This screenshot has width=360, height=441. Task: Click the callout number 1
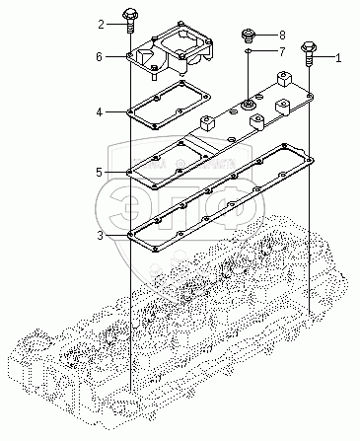[338, 58]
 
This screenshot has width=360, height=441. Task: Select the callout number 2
[102, 25]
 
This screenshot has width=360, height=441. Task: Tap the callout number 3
[100, 236]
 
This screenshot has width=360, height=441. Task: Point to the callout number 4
[100, 112]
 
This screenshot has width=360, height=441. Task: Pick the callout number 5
[100, 172]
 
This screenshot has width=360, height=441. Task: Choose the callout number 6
[100, 57]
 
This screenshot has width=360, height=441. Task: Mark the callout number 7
[282, 51]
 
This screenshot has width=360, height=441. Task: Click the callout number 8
[282, 35]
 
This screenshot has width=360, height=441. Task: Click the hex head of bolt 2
[130, 15]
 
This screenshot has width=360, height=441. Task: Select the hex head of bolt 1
[309, 46]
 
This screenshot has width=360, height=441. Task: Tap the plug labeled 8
[249, 35]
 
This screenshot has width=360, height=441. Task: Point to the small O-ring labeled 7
[249, 51]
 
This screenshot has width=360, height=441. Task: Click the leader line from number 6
[115, 57]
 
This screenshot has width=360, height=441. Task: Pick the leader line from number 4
[115, 112]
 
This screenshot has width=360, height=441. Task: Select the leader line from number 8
[265, 35]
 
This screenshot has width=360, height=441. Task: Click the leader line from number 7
[264, 51]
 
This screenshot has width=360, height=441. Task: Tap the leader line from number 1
[324, 58]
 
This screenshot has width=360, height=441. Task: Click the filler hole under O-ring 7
[247, 105]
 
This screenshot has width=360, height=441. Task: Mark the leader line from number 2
[115, 25]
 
